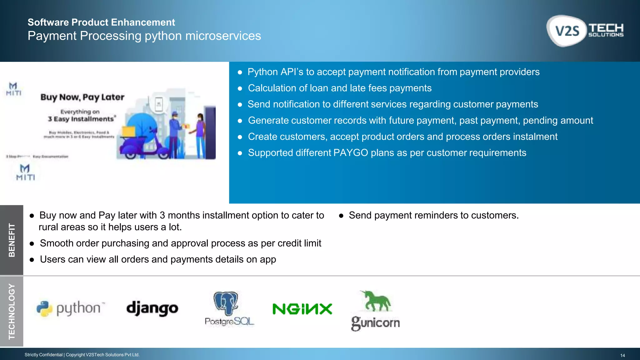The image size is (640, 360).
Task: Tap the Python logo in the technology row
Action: point(71,308)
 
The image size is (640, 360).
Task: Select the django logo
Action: point(152,308)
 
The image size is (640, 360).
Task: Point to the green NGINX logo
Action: point(302,309)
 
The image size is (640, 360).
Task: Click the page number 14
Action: point(622,355)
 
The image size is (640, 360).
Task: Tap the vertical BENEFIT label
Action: point(12,240)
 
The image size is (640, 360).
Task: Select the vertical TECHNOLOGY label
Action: point(12,311)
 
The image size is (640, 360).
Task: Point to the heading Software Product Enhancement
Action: point(101,22)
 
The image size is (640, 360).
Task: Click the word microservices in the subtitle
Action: point(223,36)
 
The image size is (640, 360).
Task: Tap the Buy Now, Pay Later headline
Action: point(82,97)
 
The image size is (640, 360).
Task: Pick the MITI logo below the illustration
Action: point(25,172)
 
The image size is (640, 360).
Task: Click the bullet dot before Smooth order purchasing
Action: point(32,244)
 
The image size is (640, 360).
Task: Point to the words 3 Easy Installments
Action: point(81,119)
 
